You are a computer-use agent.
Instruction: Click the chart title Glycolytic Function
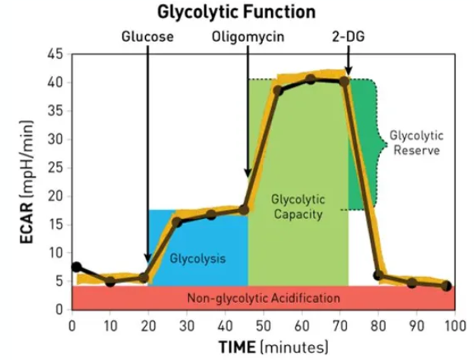[236, 12]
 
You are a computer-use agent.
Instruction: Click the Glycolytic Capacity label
[298, 207]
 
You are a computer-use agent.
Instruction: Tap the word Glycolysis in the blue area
[197, 258]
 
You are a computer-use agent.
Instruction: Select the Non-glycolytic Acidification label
[264, 298]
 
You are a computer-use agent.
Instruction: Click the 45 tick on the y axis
[54, 54]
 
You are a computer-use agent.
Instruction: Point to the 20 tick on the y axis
[54, 196]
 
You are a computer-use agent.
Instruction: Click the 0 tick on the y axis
[58, 309]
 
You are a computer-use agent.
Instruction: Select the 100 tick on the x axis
[455, 325]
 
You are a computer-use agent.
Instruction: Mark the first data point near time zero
[76, 267]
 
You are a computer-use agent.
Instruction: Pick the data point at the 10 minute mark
[110, 281]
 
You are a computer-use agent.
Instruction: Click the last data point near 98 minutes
[447, 286]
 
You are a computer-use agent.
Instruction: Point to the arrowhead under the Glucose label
[147, 257]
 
